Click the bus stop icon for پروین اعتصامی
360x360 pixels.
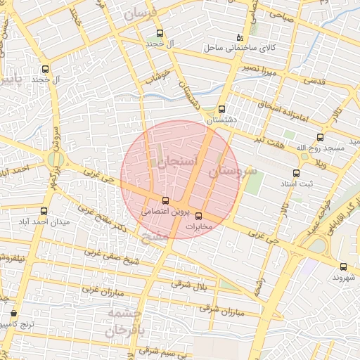tap(165, 200)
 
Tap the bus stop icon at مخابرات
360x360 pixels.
tap(198, 216)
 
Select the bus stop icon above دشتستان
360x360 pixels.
tap(221, 109)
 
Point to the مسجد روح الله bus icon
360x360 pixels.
tap(321, 137)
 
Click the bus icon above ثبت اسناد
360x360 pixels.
tap(296, 173)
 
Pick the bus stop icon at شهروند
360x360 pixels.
tap(343, 266)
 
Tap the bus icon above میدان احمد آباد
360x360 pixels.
tap(44, 211)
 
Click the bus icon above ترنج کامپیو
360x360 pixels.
tap(13, 314)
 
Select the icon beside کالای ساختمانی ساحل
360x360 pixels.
tap(239, 37)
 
